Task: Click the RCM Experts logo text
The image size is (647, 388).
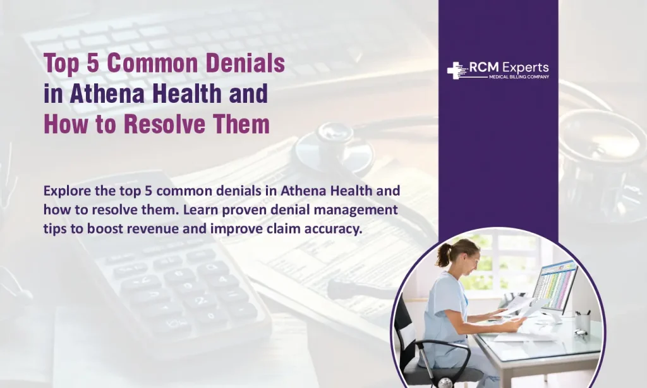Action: click(509, 68)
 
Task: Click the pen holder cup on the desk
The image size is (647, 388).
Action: click(583, 322)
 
